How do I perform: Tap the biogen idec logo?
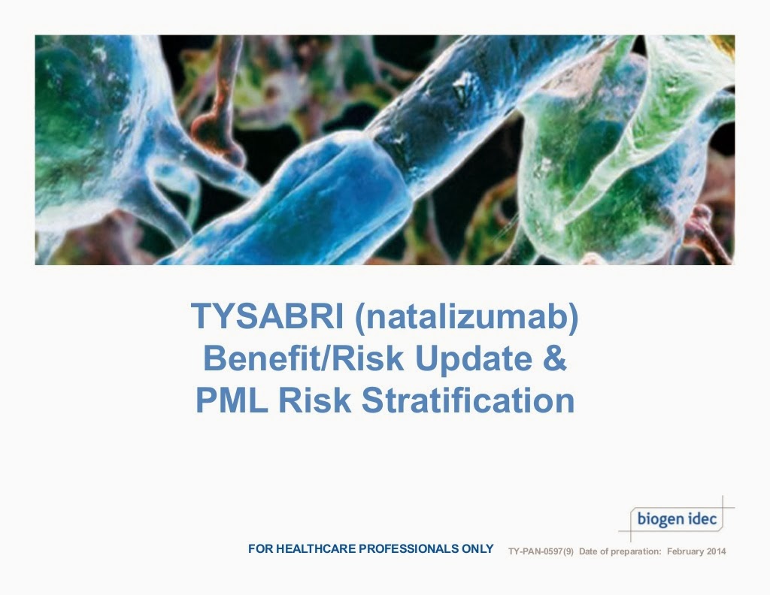coord(676,518)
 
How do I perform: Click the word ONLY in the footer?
coord(478,549)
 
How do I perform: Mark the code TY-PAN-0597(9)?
coord(541,552)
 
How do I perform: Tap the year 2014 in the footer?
coord(717,552)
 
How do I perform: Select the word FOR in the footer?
coord(260,549)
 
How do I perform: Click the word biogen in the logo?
coord(660,519)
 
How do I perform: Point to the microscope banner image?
coord(384,150)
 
